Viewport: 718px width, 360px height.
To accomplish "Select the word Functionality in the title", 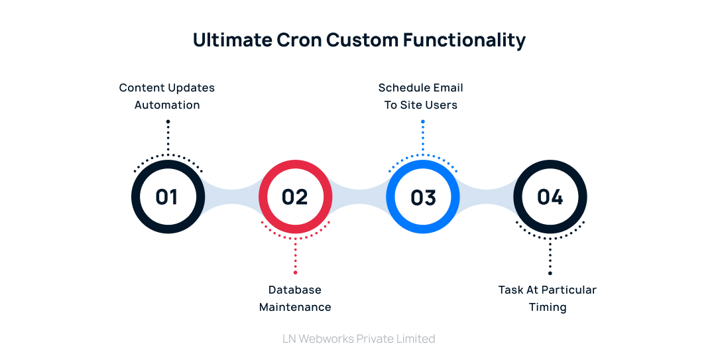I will coord(464,40).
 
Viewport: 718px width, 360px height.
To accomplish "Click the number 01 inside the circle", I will coord(167,198).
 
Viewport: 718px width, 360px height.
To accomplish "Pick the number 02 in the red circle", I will coord(295,198).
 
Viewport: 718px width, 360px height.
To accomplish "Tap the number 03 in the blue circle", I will coord(423,198).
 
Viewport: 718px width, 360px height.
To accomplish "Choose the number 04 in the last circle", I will coord(550,198).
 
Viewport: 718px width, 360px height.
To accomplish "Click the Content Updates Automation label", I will coord(167,96).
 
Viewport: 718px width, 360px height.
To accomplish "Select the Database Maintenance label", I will coord(295,298).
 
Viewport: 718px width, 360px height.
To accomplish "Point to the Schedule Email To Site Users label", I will coord(420,96).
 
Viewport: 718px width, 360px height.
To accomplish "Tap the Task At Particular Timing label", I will coord(548,298).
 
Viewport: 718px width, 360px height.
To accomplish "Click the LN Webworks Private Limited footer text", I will coord(359,339).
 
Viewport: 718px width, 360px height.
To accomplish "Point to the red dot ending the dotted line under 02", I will coord(295,272).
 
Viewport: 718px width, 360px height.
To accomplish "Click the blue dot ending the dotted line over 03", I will coord(422,121).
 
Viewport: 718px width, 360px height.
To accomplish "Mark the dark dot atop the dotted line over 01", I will coord(168,121).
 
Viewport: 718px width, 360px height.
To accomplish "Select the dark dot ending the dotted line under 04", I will coord(550,272).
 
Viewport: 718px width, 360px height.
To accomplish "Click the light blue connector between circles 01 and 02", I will coord(231,198).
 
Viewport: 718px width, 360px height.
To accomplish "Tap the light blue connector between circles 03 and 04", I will coord(487,198).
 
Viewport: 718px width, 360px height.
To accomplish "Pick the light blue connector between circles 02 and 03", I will coord(359,198).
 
